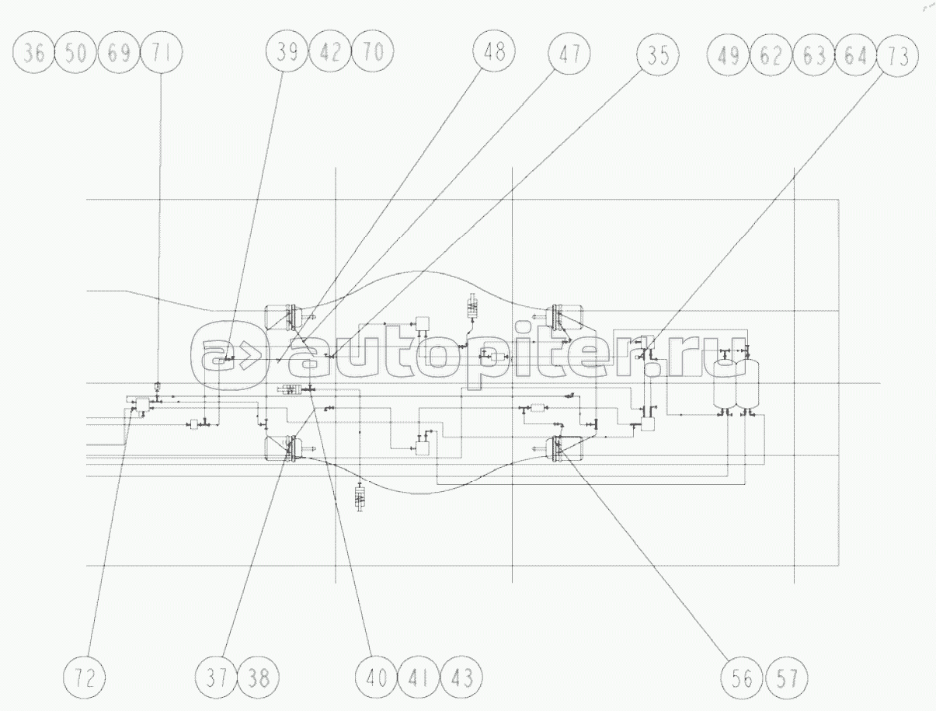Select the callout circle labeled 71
click(162, 54)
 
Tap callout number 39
click(287, 54)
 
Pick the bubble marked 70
click(373, 54)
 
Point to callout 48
click(494, 54)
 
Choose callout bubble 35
click(657, 54)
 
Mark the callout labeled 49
click(729, 55)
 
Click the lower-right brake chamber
click(567, 448)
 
